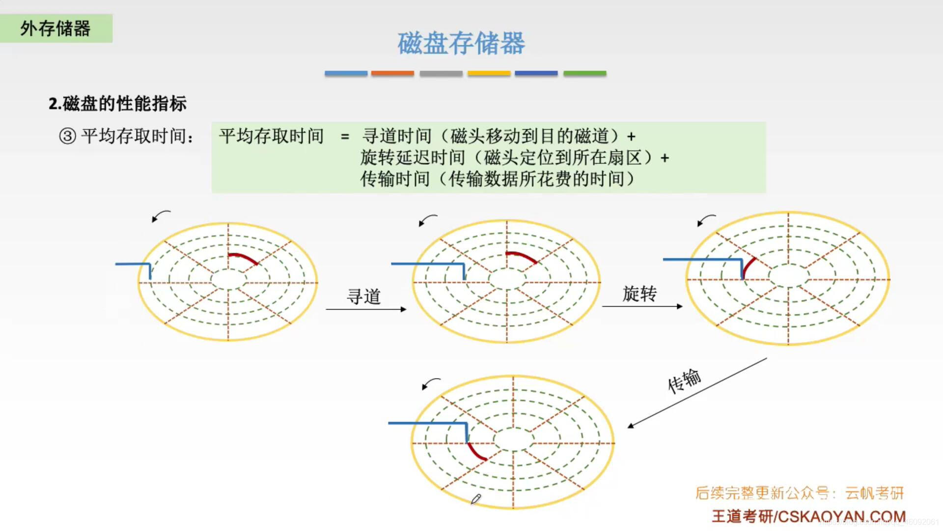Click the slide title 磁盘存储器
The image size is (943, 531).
pos(461,43)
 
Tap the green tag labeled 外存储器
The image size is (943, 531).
pos(55,28)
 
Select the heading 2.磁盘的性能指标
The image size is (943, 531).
pos(117,104)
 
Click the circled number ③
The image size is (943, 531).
pos(67,136)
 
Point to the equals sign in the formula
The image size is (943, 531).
pos(345,137)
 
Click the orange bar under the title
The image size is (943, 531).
pos(392,73)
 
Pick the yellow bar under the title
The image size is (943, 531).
pos(489,73)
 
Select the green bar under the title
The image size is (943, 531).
pos(584,73)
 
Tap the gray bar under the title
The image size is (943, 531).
pos(441,73)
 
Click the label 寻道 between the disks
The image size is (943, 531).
pos(364,296)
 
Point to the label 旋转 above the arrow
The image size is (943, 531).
pos(639,294)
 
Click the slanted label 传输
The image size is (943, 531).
pos(684,381)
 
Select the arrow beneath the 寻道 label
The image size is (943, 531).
pos(366,309)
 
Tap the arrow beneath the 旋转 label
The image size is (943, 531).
pos(642,306)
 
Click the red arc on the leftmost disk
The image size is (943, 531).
pos(244,257)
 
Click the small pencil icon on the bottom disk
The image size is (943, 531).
pos(475,500)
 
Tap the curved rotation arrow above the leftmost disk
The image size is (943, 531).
pos(161,216)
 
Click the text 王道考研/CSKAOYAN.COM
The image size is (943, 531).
pos(808,516)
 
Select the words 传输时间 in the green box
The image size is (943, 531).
pos(395,179)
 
